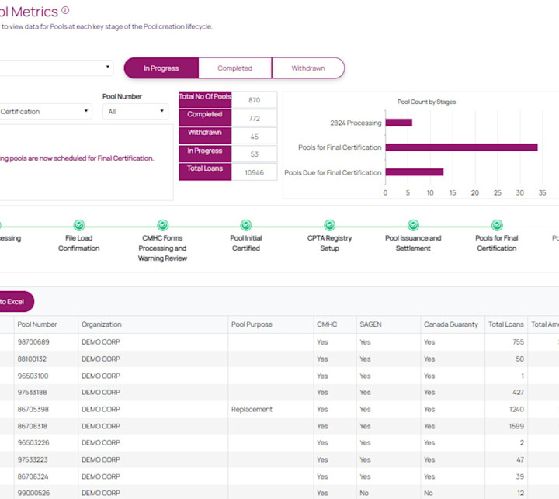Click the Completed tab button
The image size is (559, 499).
pyautogui.click(x=234, y=68)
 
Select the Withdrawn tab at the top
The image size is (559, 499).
pyautogui.click(x=308, y=68)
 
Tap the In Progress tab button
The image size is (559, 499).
pyautogui.click(x=161, y=68)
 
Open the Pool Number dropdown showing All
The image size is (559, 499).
pyautogui.click(x=135, y=112)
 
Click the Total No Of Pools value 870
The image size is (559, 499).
pyautogui.click(x=254, y=100)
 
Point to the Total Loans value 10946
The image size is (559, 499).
pyautogui.click(x=254, y=172)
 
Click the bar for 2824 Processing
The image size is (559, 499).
pyautogui.click(x=398, y=123)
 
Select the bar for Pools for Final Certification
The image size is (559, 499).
pyautogui.click(x=461, y=147)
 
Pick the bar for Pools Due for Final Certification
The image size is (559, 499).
pyautogui.click(x=414, y=172)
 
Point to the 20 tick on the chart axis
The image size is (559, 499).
pyautogui.click(x=477, y=192)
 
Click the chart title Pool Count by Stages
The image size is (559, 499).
pyautogui.click(x=426, y=102)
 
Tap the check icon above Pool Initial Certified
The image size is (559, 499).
pyautogui.click(x=246, y=225)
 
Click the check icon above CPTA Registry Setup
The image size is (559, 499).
pyautogui.click(x=329, y=225)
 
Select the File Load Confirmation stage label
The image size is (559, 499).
pyautogui.click(x=79, y=243)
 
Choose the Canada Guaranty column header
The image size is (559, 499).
pyautogui.click(x=450, y=324)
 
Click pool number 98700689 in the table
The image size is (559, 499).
pyautogui.click(x=33, y=342)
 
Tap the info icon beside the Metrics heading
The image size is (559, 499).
pyautogui.click(x=65, y=10)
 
